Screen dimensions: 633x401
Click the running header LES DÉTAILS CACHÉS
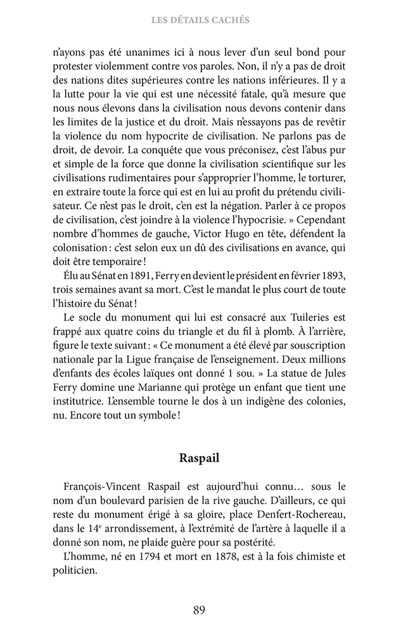(200, 20)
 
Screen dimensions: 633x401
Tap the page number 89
(200, 610)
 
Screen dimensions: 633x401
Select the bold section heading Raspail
(200, 458)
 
